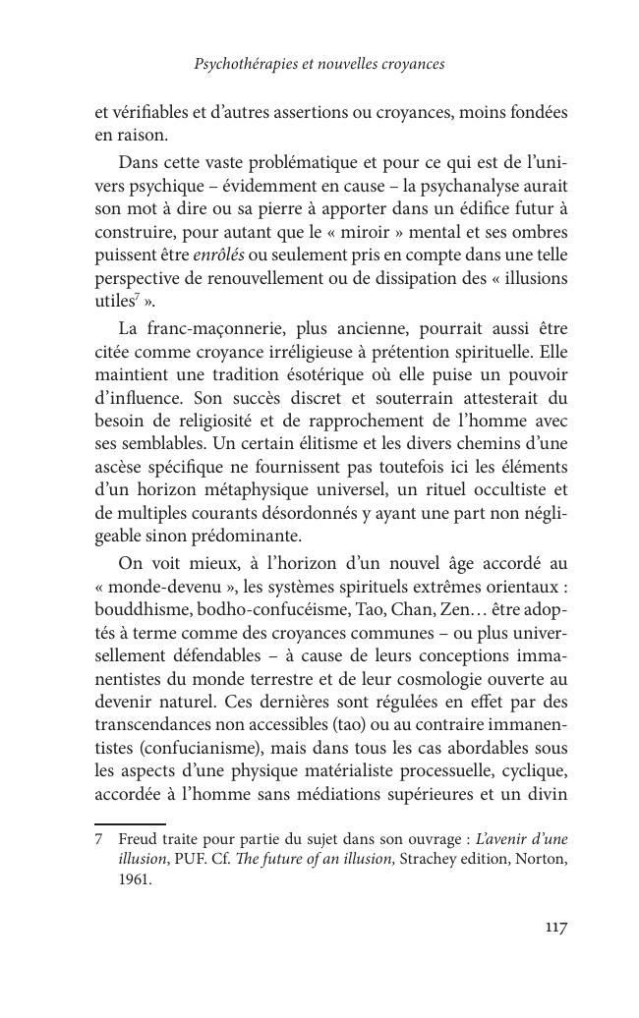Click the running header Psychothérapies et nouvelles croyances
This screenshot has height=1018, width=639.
[x=319, y=64]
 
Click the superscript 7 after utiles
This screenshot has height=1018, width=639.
[x=134, y=297]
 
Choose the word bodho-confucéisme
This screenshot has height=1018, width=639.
[x=265, y=607]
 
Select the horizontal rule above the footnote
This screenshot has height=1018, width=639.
[x=130, y=823]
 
